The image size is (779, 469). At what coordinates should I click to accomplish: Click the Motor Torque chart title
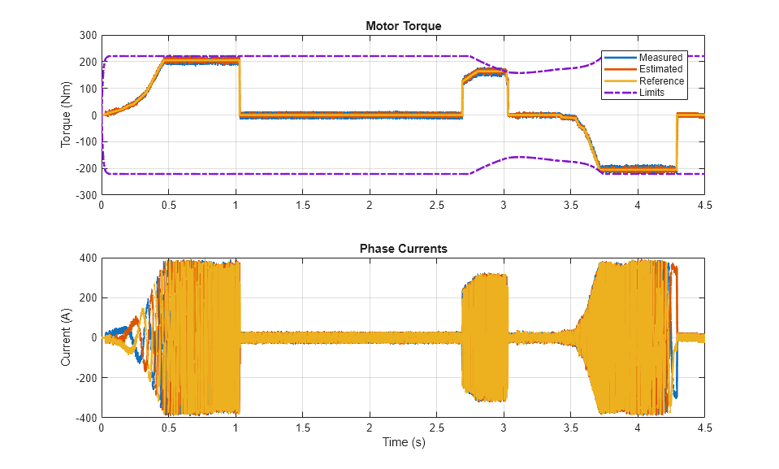403,26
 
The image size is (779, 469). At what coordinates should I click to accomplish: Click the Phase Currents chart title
403,249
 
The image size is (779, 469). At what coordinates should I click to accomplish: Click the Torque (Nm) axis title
67,115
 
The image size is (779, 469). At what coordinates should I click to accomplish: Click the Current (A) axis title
67,337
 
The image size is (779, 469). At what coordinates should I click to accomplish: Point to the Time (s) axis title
403,443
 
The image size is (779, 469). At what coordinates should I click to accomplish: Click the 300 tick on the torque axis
87,36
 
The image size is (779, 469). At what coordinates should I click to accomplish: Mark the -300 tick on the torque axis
85,195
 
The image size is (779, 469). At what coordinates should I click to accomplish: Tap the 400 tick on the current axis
87,258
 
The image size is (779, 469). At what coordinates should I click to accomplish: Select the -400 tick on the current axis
85,418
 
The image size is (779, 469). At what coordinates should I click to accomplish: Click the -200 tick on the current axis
85,378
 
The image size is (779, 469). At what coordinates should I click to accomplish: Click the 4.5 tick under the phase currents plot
704,428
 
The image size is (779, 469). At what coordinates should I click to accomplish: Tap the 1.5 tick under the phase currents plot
302,428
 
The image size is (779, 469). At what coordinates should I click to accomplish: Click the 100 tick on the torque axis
87,89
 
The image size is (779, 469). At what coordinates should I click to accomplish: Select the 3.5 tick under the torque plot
570,206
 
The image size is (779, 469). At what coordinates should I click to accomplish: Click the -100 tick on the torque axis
85,142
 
